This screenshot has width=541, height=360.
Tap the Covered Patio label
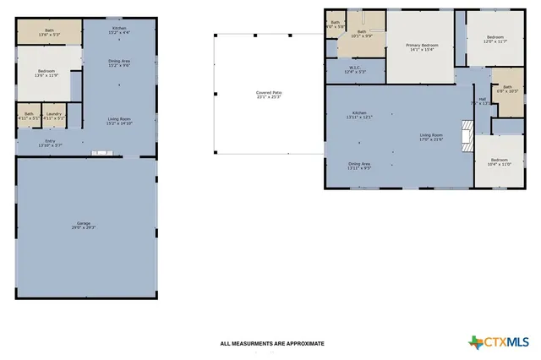point(270,95)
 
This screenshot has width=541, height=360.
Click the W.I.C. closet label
point(355,70)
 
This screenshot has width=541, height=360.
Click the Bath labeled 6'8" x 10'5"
point(507,89)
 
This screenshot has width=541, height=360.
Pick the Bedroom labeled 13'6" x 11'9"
point(46,73)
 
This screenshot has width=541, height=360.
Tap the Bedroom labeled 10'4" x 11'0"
point(500,161)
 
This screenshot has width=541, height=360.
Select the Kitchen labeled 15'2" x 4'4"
point(119,31)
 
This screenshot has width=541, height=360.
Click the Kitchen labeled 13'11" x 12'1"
point(360,115)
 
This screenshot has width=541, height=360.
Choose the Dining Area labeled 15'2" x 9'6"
point(119,63)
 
